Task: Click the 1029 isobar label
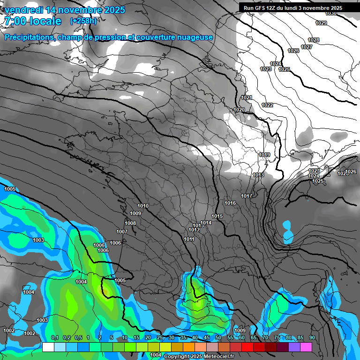[x=321, y=23]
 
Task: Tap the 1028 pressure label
[x=314, y=40]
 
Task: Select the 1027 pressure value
[x=307, y=47]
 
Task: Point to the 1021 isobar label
[x=247, y=97]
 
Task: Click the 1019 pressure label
[x=264, y=155]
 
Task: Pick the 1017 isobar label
[x=247, y=196]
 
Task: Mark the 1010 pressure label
[x=143, y=206]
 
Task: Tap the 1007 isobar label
[x=122, y=232]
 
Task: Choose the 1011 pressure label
[x=189, y=239]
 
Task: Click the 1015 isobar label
[x=217, y=216]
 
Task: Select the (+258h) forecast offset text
[x=83, y=21]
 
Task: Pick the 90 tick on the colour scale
[x=312, y=338]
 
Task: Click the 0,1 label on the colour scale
[x=54, y=338]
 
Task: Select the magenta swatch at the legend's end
[x=306, y=347]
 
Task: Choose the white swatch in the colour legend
[x=48, y=347]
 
